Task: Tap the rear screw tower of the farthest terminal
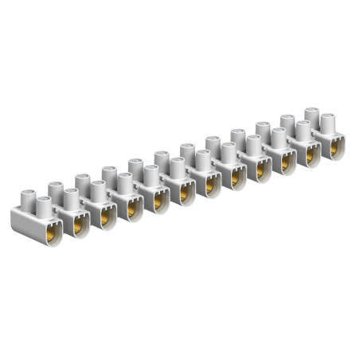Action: pos(311,117)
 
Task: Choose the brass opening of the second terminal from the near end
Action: pos(78,225)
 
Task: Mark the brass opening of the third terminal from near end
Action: pos(104,216)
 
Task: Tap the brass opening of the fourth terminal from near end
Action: pos(131,209)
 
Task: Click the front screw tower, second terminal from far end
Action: pos(303,131)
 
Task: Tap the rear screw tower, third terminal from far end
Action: pos(262,132)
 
